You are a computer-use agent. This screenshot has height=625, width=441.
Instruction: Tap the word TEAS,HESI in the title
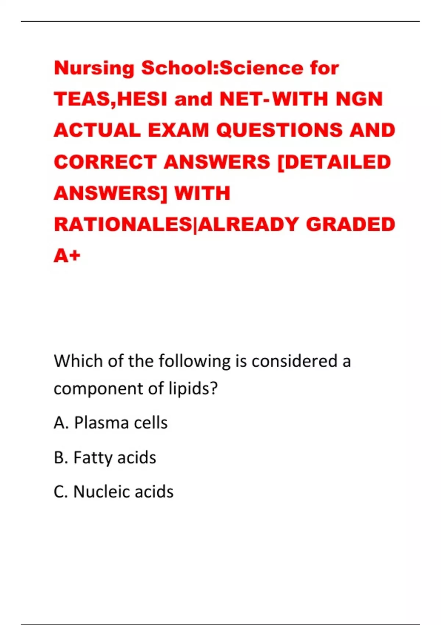[110, 99]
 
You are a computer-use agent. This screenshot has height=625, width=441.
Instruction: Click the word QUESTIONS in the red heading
[279, 131]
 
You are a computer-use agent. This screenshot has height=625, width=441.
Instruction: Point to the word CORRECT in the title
[105, 162]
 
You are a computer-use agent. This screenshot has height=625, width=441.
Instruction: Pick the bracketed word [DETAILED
[334, 162]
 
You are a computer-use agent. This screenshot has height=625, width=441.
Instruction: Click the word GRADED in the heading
[350, 225]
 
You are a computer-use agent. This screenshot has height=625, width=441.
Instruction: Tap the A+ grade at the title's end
[67, 256]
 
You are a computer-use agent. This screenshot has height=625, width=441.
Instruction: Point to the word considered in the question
[294, 361]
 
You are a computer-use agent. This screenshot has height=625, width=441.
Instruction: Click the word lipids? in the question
[193, 389]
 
